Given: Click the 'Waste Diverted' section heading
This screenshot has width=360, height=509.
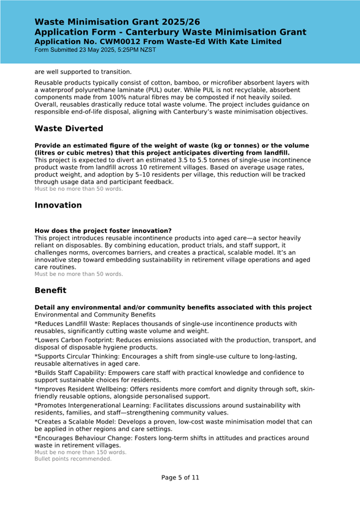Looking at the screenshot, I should tap(69, 128).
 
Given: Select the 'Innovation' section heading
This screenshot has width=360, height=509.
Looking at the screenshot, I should tap(58, 205).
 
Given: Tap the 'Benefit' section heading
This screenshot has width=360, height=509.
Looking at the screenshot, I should tap(51, 290).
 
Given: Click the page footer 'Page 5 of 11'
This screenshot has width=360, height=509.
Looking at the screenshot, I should tap(180, 478).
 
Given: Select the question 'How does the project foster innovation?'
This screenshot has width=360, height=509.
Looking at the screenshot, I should tap(103, 231).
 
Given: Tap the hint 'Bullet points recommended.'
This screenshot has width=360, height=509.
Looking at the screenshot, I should tap(73, 458).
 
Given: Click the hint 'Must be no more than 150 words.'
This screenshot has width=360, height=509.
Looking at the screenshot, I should tap(81, 452).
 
